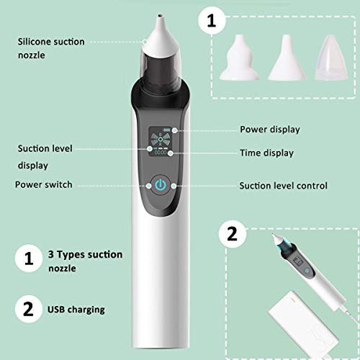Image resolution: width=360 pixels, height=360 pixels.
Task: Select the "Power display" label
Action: click(x=269, y=130)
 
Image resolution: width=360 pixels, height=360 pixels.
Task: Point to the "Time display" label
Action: click(x=267, y=153)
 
